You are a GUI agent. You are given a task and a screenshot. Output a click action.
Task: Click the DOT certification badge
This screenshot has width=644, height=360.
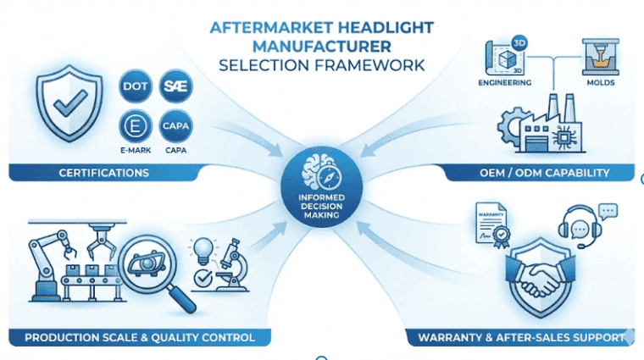[x=135, y=86]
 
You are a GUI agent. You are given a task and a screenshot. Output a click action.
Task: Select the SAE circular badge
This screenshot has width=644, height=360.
[x=175, y=86]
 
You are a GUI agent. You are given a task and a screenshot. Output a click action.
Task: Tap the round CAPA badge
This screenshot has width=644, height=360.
[x=175, y=126]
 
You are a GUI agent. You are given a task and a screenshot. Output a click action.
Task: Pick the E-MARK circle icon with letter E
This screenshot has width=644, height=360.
[x=135, y=126]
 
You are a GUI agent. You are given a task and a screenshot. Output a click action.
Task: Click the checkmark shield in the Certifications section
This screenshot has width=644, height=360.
[x=69, y=103]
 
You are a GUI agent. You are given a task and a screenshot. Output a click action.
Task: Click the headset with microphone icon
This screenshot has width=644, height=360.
[x=580, y=226]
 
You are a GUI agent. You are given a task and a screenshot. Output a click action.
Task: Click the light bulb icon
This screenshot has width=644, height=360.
[x=203, y=251]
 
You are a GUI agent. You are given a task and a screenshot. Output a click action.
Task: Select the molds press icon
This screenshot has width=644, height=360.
[x=601, y=57]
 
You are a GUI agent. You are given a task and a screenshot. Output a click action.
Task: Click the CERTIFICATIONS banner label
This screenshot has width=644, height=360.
[x=104, y=173]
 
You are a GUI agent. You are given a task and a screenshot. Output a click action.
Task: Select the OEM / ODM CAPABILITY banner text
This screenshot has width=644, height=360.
[x=545, y=173]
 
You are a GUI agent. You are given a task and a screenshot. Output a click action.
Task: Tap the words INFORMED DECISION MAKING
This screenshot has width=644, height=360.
[x=322, y=206]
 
